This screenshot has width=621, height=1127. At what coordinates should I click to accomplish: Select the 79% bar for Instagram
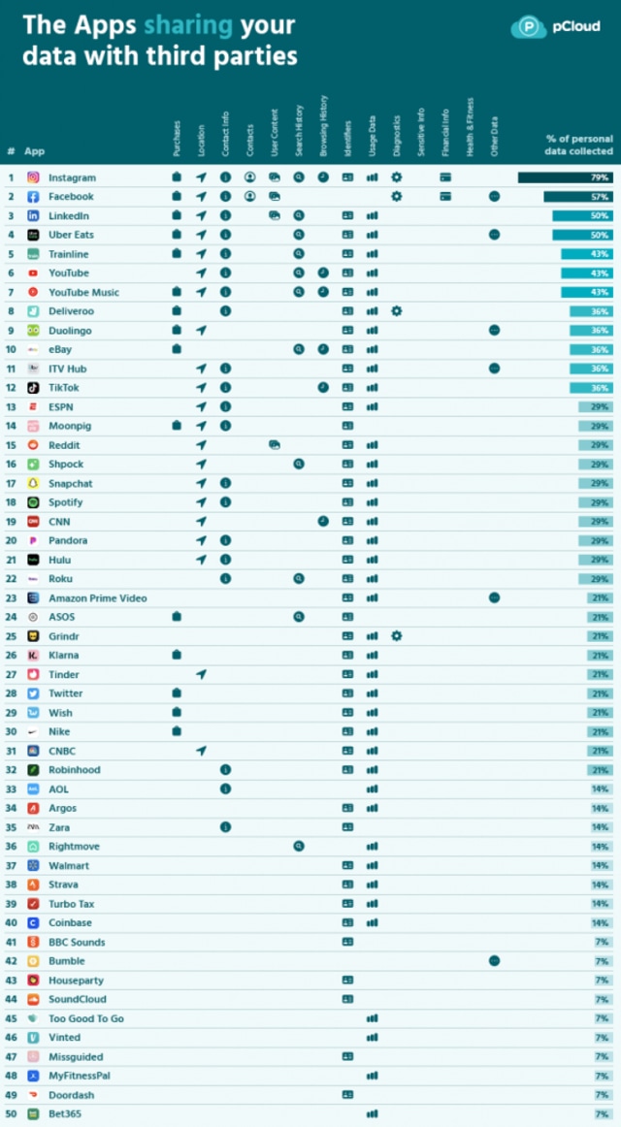(566, 177)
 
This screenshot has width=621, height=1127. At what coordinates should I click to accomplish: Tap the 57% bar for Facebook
(578, 197)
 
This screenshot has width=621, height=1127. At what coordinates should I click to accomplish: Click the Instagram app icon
(33, 177)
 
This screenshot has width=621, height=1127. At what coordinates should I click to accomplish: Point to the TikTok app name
(64, 388)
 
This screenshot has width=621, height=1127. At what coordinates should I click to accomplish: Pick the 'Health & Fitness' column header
(470, 126)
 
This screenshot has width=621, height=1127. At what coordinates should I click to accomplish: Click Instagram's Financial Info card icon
(445, 177)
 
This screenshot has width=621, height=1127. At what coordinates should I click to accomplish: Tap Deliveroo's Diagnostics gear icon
(396, 311)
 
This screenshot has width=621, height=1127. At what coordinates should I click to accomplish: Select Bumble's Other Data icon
(494, 961)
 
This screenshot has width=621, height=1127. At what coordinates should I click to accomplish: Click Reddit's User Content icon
(275, 445)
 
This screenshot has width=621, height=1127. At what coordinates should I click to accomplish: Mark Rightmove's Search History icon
(299, 847)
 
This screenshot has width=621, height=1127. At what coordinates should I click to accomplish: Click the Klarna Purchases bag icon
(177, 656)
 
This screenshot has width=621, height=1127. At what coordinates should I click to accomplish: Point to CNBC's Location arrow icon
(201, 751)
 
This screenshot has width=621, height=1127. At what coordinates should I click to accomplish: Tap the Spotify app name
(66, 502)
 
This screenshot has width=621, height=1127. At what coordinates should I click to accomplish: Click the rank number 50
(11, 1114)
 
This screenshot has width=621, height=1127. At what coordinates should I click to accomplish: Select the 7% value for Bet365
(602, 1114)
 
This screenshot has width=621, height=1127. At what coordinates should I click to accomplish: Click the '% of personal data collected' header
(579, 145)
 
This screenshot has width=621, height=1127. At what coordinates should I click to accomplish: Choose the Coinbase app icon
(33, 923)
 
